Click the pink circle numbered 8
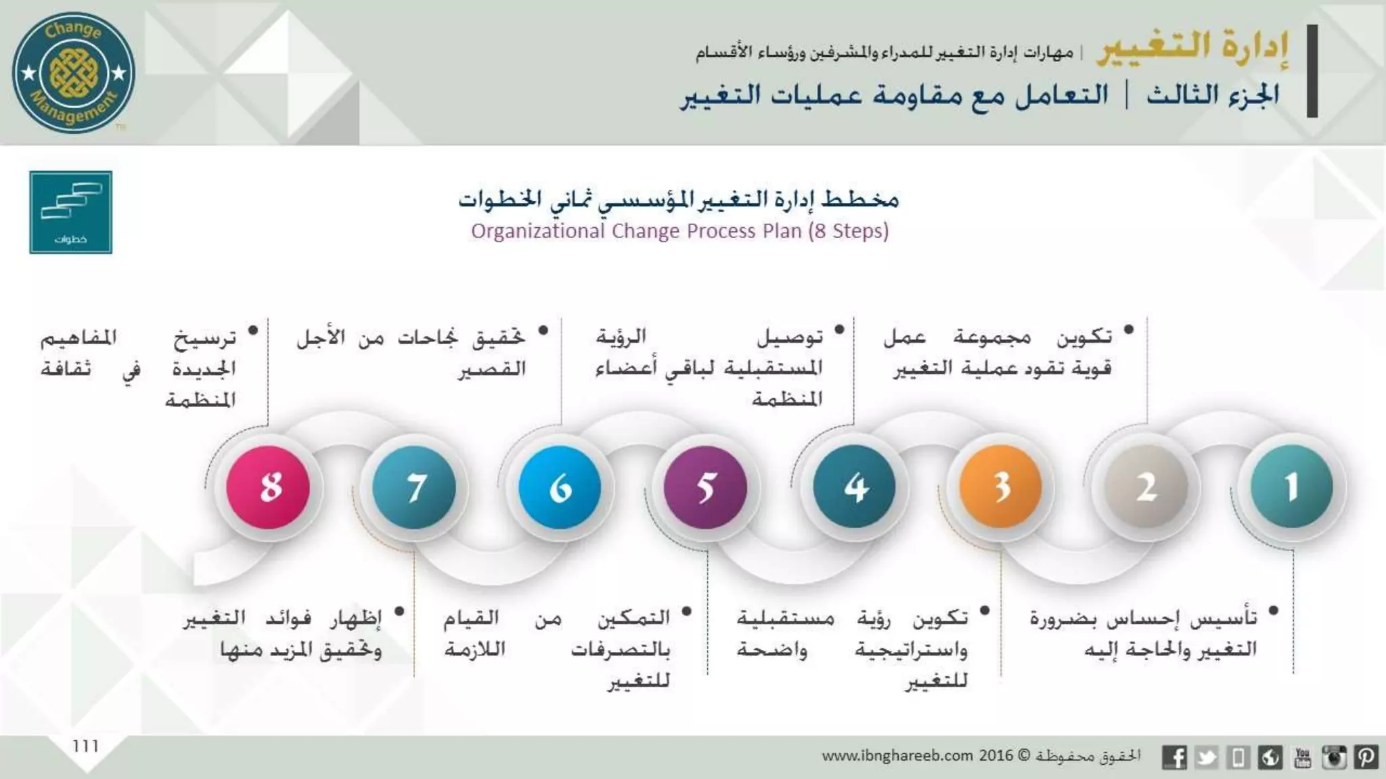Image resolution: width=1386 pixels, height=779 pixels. click(268, 487)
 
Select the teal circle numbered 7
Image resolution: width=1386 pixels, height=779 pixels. click(414, 487)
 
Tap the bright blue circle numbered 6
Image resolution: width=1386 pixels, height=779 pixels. click(560, 487)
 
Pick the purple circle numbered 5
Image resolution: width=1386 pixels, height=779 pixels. click(705, 487)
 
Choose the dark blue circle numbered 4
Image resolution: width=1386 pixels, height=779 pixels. click(854, 487)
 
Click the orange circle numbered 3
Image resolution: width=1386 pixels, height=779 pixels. click(1000, 487)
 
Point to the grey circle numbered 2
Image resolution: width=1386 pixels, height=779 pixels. click(1146, 487)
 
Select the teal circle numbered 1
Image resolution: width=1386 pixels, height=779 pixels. click(1291, 487)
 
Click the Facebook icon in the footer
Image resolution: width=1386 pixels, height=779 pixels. click(1174, 757)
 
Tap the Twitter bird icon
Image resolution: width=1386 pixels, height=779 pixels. click(1206, 757)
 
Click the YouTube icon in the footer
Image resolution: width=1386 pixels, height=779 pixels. click(1302, 757)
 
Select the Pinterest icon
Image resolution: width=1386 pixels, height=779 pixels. click(1366, 757)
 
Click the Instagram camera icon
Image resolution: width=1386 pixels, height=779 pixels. click(1334, 757)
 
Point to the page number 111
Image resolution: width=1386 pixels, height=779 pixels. click(86, 746)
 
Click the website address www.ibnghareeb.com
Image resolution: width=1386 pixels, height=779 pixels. click(897, 755)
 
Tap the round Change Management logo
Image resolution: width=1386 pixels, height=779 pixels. click(74, 72)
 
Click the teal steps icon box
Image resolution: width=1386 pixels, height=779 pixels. click(70, 212)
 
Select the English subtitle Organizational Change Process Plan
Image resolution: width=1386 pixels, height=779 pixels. click(679, 231)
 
